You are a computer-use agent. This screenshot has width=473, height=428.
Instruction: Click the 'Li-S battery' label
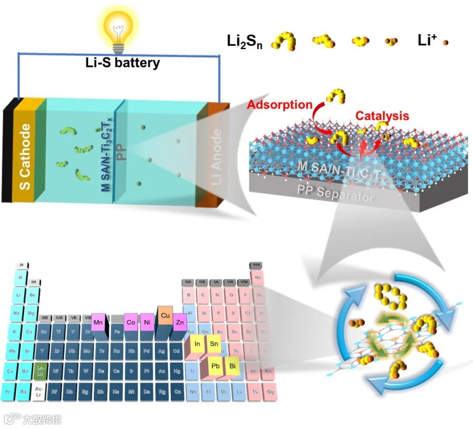tap(123, 63)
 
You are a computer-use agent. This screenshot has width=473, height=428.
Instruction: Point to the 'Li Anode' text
tap(216, 156)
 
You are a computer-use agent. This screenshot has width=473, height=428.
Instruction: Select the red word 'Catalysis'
tap(382, 116)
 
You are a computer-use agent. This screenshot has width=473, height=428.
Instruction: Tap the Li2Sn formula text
tap(244, 42)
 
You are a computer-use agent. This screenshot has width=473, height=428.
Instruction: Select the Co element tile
tap(131, 321)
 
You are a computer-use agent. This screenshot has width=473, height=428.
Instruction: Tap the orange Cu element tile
tap(165, 315)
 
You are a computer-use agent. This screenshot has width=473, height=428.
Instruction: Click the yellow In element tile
tap(198, 344)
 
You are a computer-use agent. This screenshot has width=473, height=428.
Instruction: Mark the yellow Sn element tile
tap(214, 344)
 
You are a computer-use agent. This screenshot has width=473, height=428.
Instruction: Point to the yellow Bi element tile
tap(232, 365)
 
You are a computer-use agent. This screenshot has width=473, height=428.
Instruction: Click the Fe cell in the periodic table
tap(117, 332)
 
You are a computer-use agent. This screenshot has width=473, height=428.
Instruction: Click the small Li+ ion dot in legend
tap(445, 43)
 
